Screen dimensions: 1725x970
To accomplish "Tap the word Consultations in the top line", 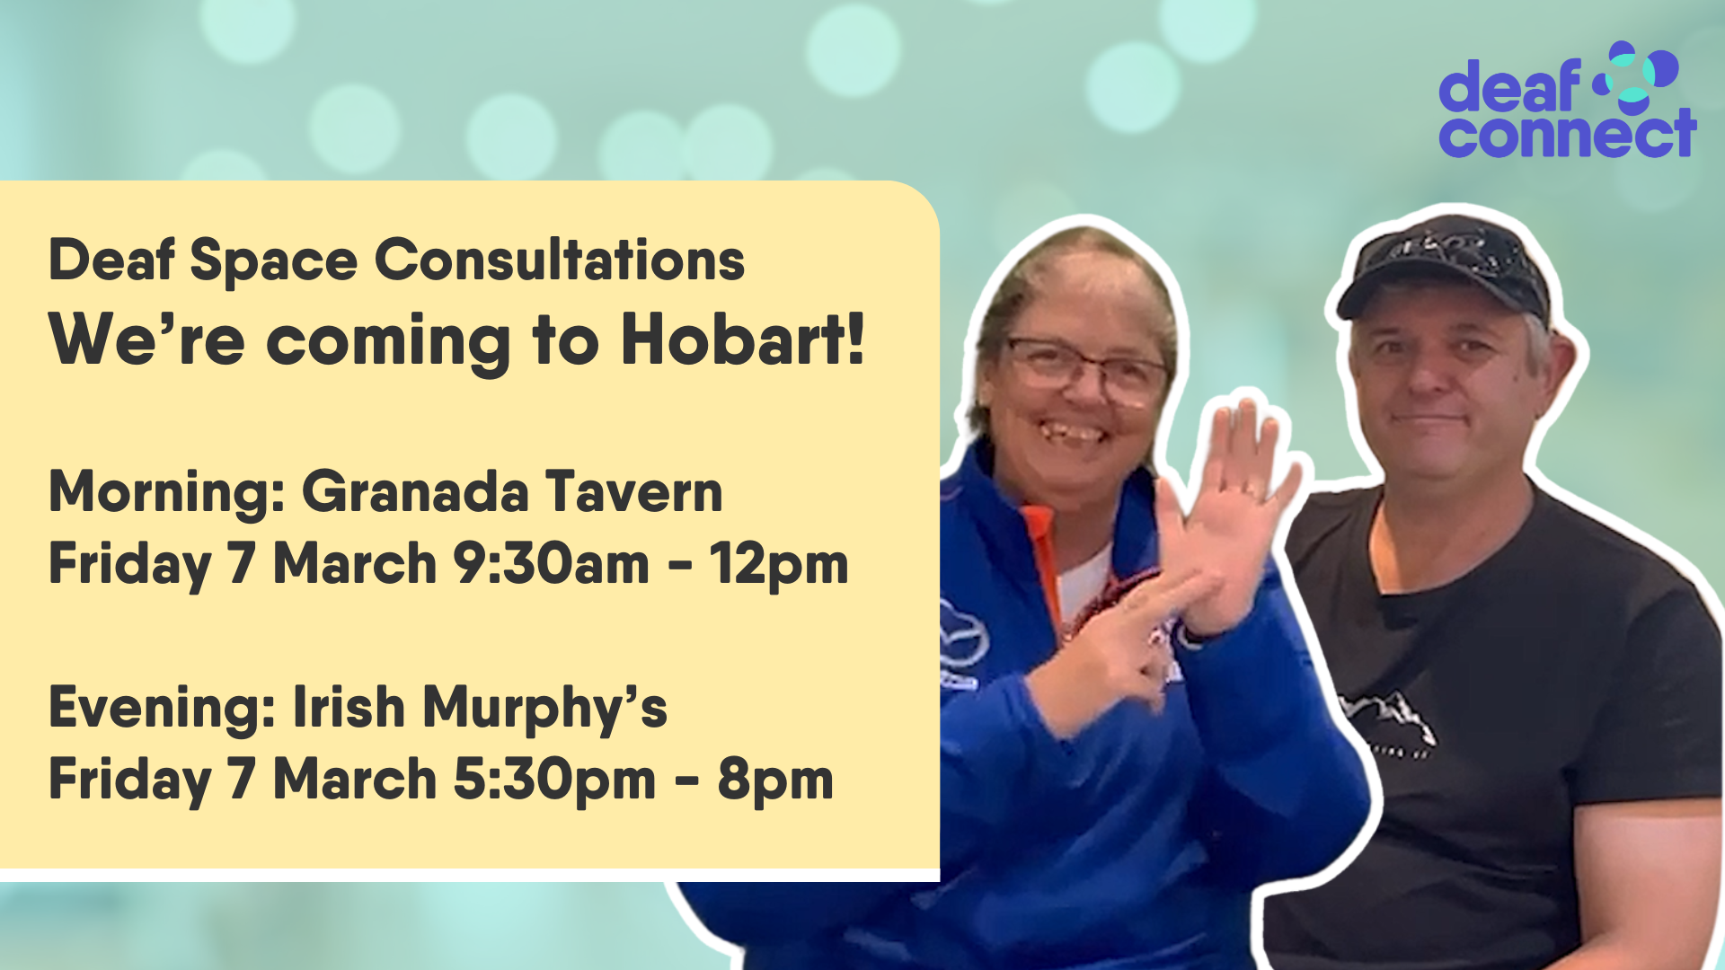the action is [560, 260].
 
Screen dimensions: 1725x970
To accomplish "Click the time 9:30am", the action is [551, 564].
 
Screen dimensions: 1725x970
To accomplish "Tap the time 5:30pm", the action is [554, 779].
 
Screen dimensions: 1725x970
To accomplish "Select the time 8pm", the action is [775, 780].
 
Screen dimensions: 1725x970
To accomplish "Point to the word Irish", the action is [349, 707].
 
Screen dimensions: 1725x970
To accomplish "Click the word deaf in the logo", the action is [1509, 86].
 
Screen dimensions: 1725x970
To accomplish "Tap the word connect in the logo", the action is [1568, 134].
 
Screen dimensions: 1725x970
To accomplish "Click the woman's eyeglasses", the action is [1086, 368].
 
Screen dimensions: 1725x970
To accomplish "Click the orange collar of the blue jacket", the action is [1043, 557].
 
